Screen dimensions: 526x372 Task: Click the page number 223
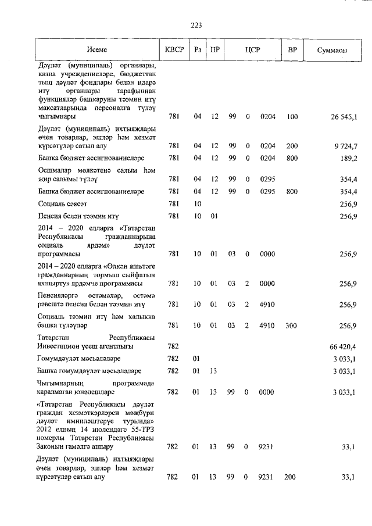[x=196, y=25]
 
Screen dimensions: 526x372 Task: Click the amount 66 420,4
[x=344, y=346]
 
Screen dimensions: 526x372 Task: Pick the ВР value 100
[x=292, y=117]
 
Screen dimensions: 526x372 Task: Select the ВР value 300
[x=292, y=325]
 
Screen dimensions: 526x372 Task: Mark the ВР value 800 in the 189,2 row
[x=292, y=158]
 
